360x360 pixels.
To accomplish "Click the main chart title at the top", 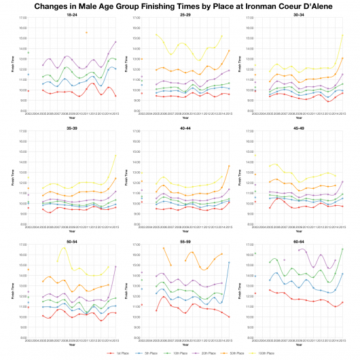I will pos(180,6).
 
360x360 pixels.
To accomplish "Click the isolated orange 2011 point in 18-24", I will pos(86,33).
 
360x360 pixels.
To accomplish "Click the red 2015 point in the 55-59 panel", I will pos(230,317).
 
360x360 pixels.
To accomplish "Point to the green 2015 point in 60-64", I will pos(343,249).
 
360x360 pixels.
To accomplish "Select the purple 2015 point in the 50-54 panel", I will pos(116,266).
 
